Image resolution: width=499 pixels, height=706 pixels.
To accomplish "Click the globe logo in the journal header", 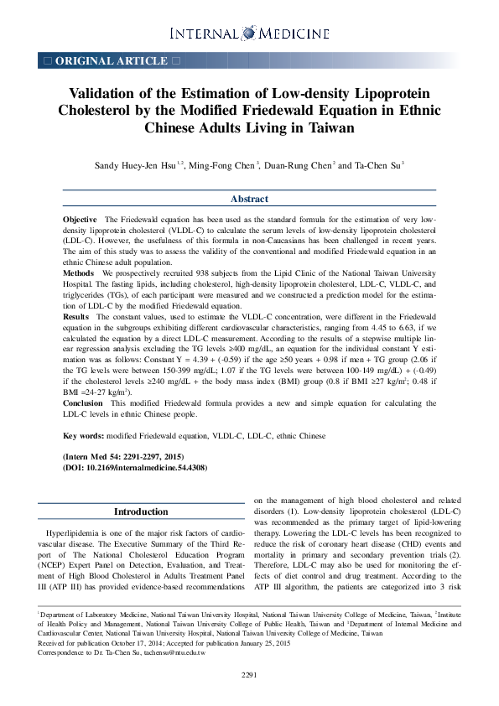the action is (x=249, y=33).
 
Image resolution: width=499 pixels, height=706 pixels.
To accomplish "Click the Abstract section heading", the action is (x=249, y=199).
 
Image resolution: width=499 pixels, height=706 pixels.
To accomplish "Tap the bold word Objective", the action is (x=81, y=219).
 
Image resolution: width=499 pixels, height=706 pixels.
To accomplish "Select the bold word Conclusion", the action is (x=84, y=402).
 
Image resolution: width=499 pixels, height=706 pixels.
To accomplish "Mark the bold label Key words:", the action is (x=83, y=436).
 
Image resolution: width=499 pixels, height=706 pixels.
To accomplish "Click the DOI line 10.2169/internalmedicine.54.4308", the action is (x=135, y=467).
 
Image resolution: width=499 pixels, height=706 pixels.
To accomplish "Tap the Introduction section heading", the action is (x=141, y=511).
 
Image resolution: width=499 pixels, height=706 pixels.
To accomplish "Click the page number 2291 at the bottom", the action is (x=249, y=675).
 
